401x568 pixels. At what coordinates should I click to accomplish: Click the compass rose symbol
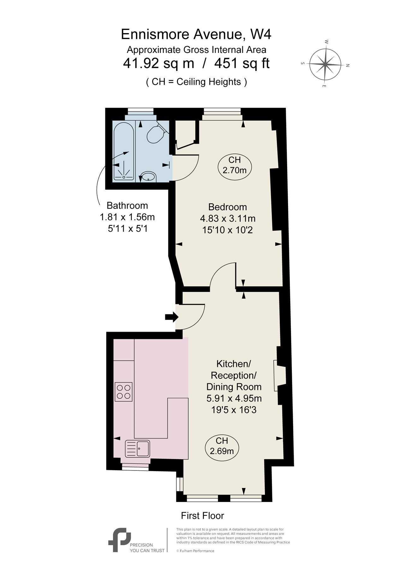tap(325, 64)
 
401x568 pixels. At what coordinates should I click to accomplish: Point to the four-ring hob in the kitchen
tap(124, 392)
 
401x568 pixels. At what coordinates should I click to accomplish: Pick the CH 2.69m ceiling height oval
tap(222, 446)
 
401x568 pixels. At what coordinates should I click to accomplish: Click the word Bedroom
tap(227, 207)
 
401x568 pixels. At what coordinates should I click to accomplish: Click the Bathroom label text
tap(127, 205)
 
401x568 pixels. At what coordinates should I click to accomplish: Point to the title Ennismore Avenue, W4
tap(196, 34)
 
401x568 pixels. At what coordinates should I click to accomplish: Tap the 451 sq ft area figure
tap(242, 64)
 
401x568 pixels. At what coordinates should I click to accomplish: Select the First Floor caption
tap(203, 516)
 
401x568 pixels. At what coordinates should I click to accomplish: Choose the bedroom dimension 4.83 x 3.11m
tap(228, 218)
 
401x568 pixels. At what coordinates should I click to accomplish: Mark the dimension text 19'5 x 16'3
tap(234, 410)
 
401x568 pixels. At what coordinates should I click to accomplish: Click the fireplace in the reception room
tap(279, 376)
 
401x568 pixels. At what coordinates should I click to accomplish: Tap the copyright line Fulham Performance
tap(195, 551)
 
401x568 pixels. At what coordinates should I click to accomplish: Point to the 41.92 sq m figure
tap(158, 64)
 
